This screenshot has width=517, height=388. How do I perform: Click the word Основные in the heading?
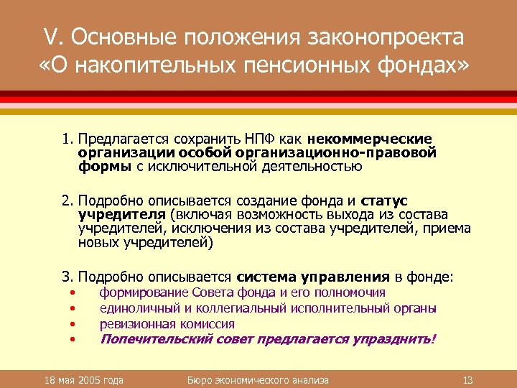(x=127, y=37)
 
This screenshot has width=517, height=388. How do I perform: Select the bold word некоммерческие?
(x=370, y=138)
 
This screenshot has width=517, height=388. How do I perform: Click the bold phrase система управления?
(x=313, y=276)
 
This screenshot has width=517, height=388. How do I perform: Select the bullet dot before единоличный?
(x=73, y=309)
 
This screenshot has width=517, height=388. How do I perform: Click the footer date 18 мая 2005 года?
(x=83, y=379)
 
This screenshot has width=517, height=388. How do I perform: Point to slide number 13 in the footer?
(x=467, y=379)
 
